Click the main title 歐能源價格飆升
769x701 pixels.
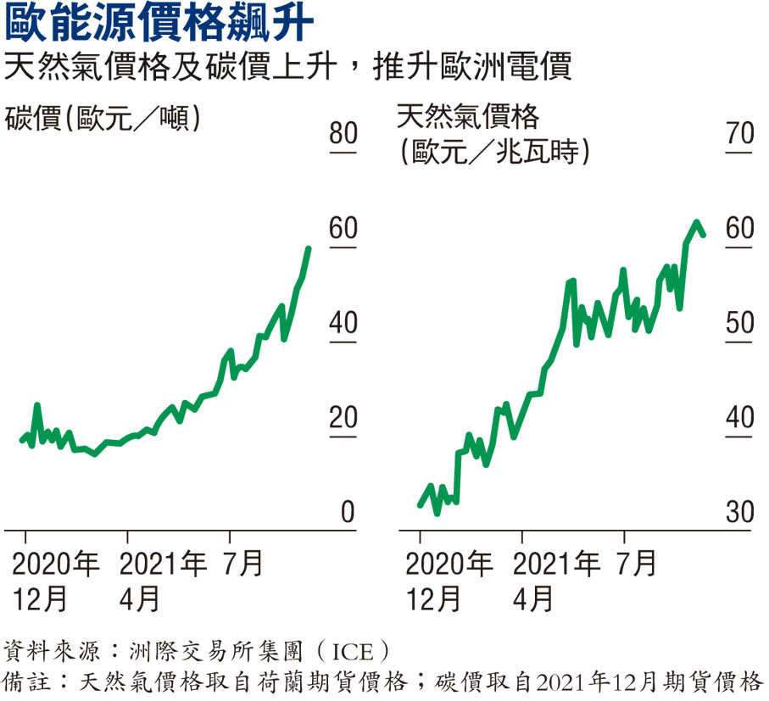161,25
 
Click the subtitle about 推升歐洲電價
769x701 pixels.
288,67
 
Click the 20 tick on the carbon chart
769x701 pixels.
344,418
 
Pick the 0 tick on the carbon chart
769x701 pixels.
348,513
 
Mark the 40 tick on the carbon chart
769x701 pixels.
344,324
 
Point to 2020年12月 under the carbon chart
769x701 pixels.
55,581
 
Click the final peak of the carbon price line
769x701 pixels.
308,248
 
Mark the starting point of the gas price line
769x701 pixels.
420,505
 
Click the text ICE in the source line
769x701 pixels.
347,652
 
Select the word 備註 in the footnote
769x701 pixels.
25,682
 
